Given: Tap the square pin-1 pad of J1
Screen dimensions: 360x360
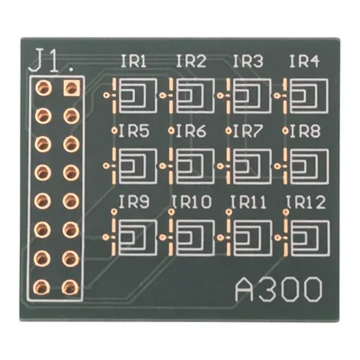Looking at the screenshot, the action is click(71, 88).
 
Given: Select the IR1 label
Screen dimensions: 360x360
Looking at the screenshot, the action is click(133, 61).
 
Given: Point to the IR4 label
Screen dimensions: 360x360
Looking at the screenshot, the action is click(304, 61).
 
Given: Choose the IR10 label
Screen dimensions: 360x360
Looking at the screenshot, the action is click(192, 202).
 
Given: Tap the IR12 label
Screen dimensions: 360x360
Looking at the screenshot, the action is click(305, 202).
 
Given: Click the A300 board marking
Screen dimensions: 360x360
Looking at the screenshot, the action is click(279, 290).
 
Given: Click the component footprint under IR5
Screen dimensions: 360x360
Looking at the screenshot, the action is click(134, 166).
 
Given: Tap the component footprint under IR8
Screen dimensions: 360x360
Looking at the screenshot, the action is click(305, 166).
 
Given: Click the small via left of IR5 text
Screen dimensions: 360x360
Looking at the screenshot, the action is click(114, 130).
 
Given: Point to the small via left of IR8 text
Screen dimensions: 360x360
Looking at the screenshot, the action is click(285, 130).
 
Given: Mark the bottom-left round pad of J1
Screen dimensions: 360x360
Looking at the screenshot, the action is click(42, 287).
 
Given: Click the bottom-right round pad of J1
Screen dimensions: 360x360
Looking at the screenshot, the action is click(70, 287).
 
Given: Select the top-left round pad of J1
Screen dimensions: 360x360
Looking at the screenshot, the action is click(44, 88).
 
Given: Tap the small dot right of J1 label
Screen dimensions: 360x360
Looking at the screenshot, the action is click(71, 70).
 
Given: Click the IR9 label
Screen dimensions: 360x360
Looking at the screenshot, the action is click(134, 202).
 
